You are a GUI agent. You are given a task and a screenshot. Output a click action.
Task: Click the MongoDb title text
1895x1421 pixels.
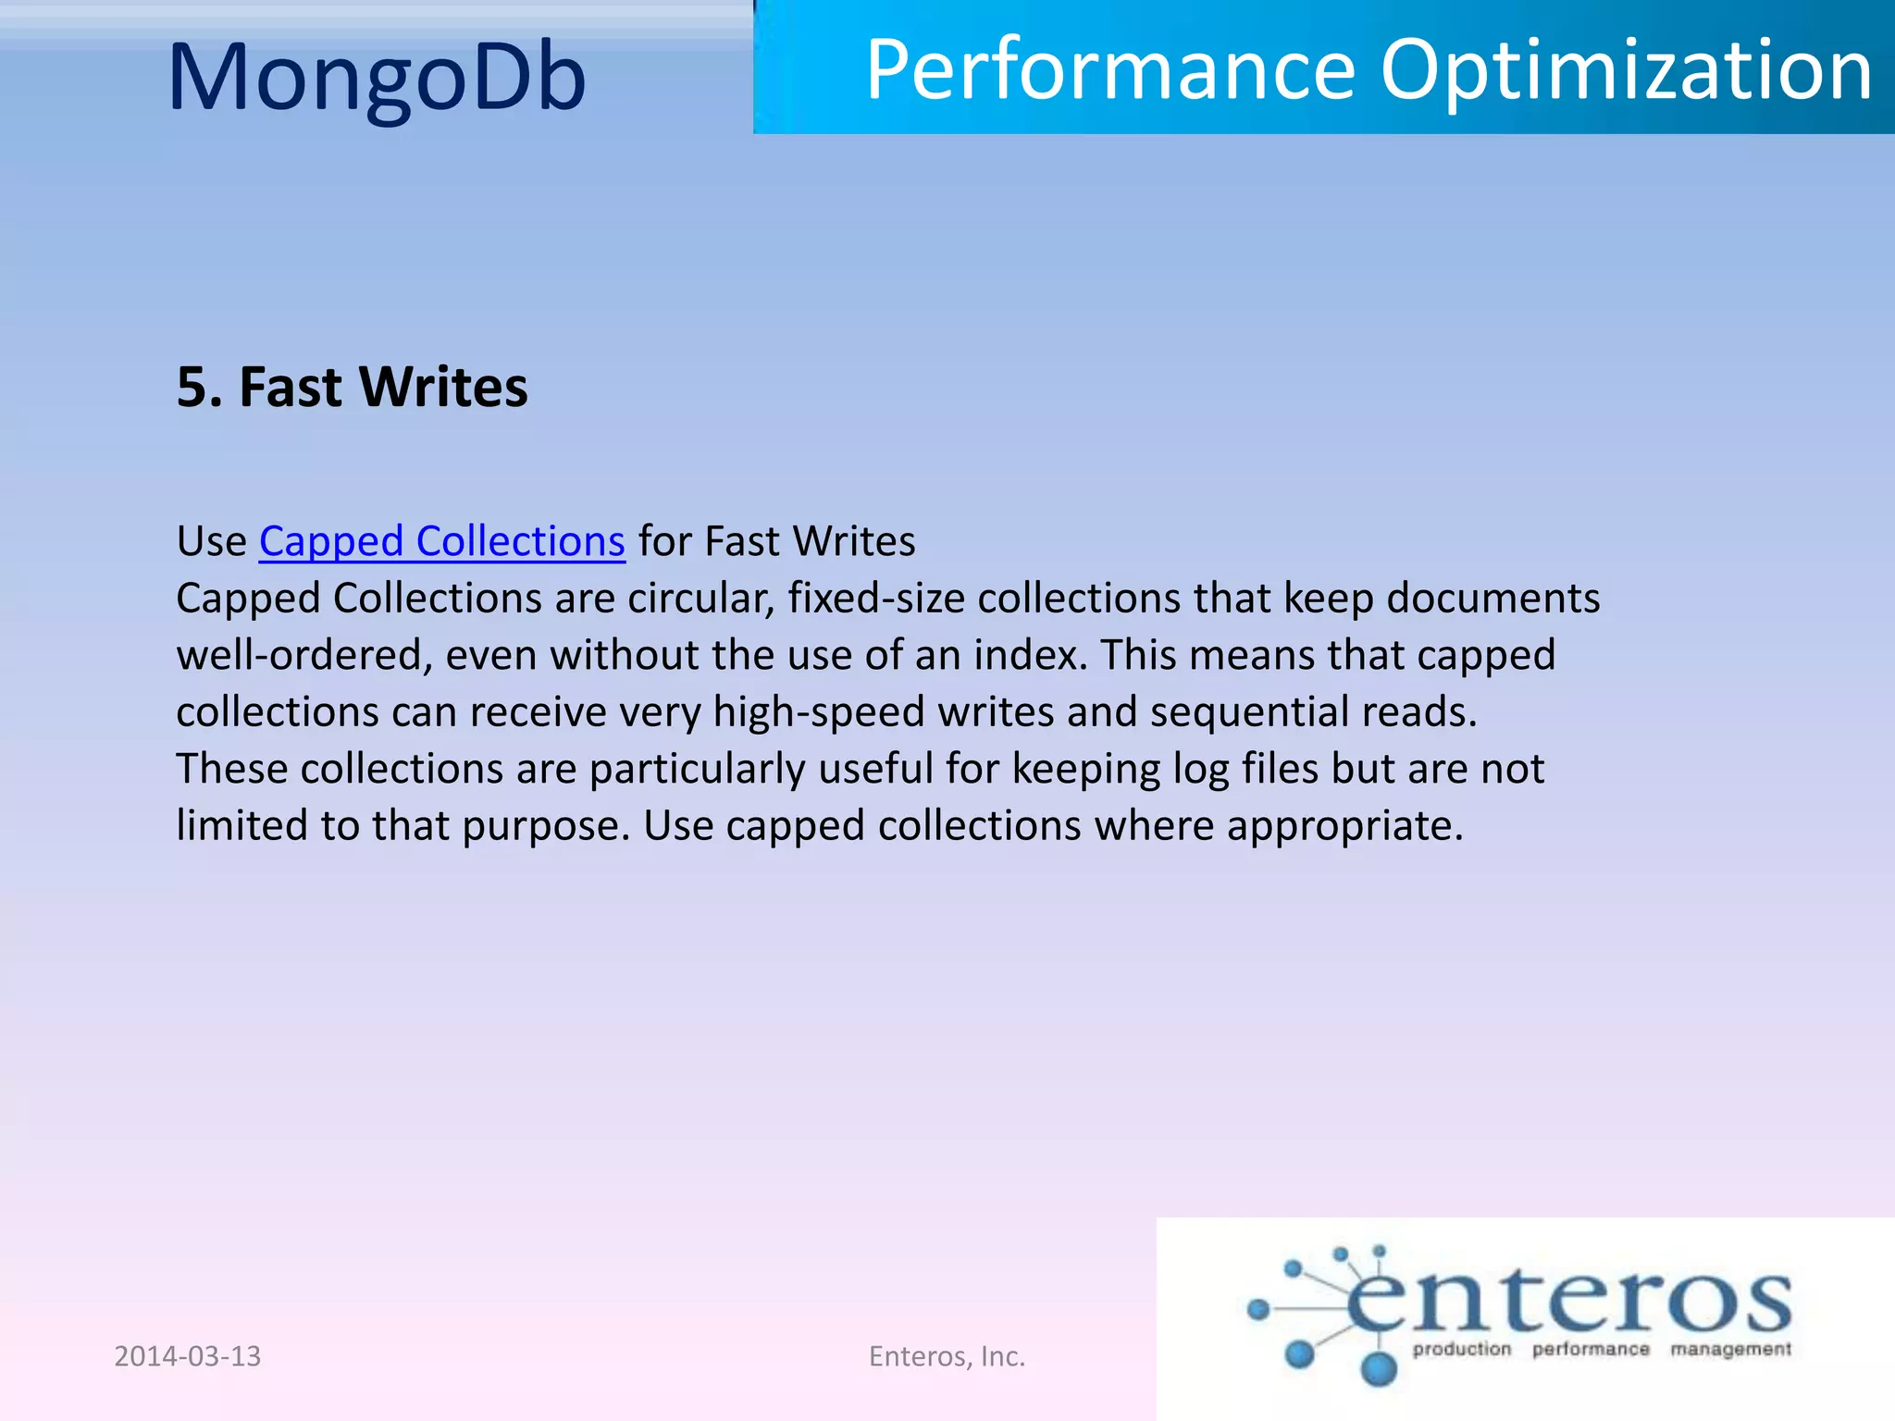(x=377, y=78)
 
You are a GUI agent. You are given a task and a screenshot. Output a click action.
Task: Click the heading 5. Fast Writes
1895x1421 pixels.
(x=352, y=387)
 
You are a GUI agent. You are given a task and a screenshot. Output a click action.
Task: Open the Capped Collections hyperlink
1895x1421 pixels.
(x=441, y=541)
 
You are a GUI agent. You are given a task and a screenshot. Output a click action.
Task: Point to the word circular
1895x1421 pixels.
(x=700, y=599)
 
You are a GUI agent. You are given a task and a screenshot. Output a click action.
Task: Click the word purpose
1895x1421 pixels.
(x=545, y=826)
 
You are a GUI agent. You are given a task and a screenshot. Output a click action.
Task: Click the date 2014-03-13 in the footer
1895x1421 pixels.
(x=188, y=1356)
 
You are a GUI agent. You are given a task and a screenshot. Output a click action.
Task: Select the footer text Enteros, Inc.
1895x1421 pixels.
(x=947, y=1356)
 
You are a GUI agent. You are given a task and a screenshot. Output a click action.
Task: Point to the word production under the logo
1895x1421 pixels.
(x=1461, y=1350)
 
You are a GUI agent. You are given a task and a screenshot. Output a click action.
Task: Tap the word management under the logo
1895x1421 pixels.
(x=1730, y=1350)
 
